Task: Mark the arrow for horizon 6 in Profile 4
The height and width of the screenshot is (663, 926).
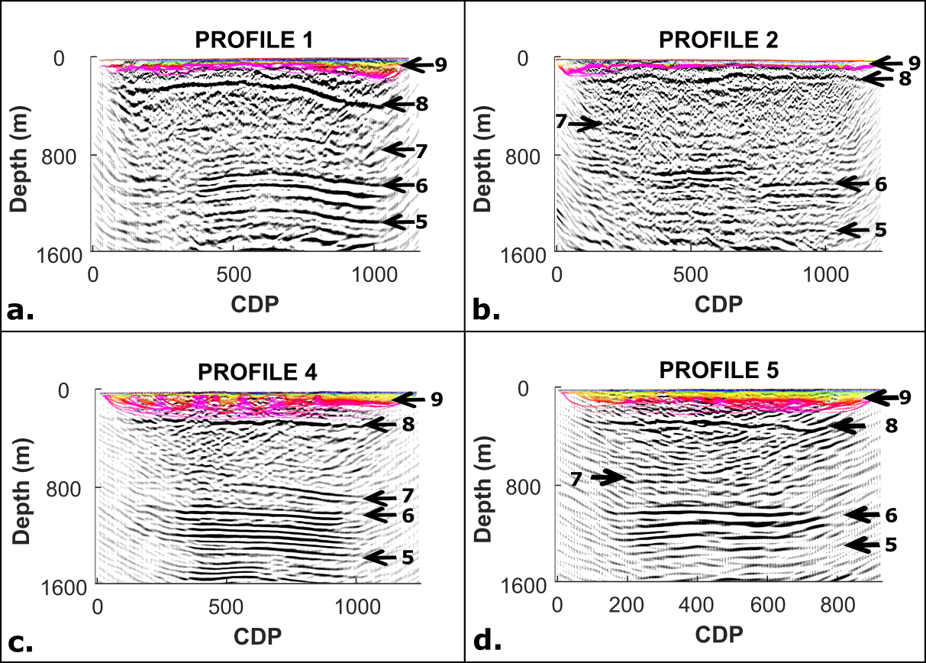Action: [379, 516]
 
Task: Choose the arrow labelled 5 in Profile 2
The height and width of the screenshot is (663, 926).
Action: [852, 229]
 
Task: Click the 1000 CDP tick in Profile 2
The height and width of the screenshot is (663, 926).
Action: [825, 274]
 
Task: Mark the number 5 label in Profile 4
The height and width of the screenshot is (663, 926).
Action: [408, 558]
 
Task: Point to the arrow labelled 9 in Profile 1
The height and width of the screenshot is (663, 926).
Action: [416, 65]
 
